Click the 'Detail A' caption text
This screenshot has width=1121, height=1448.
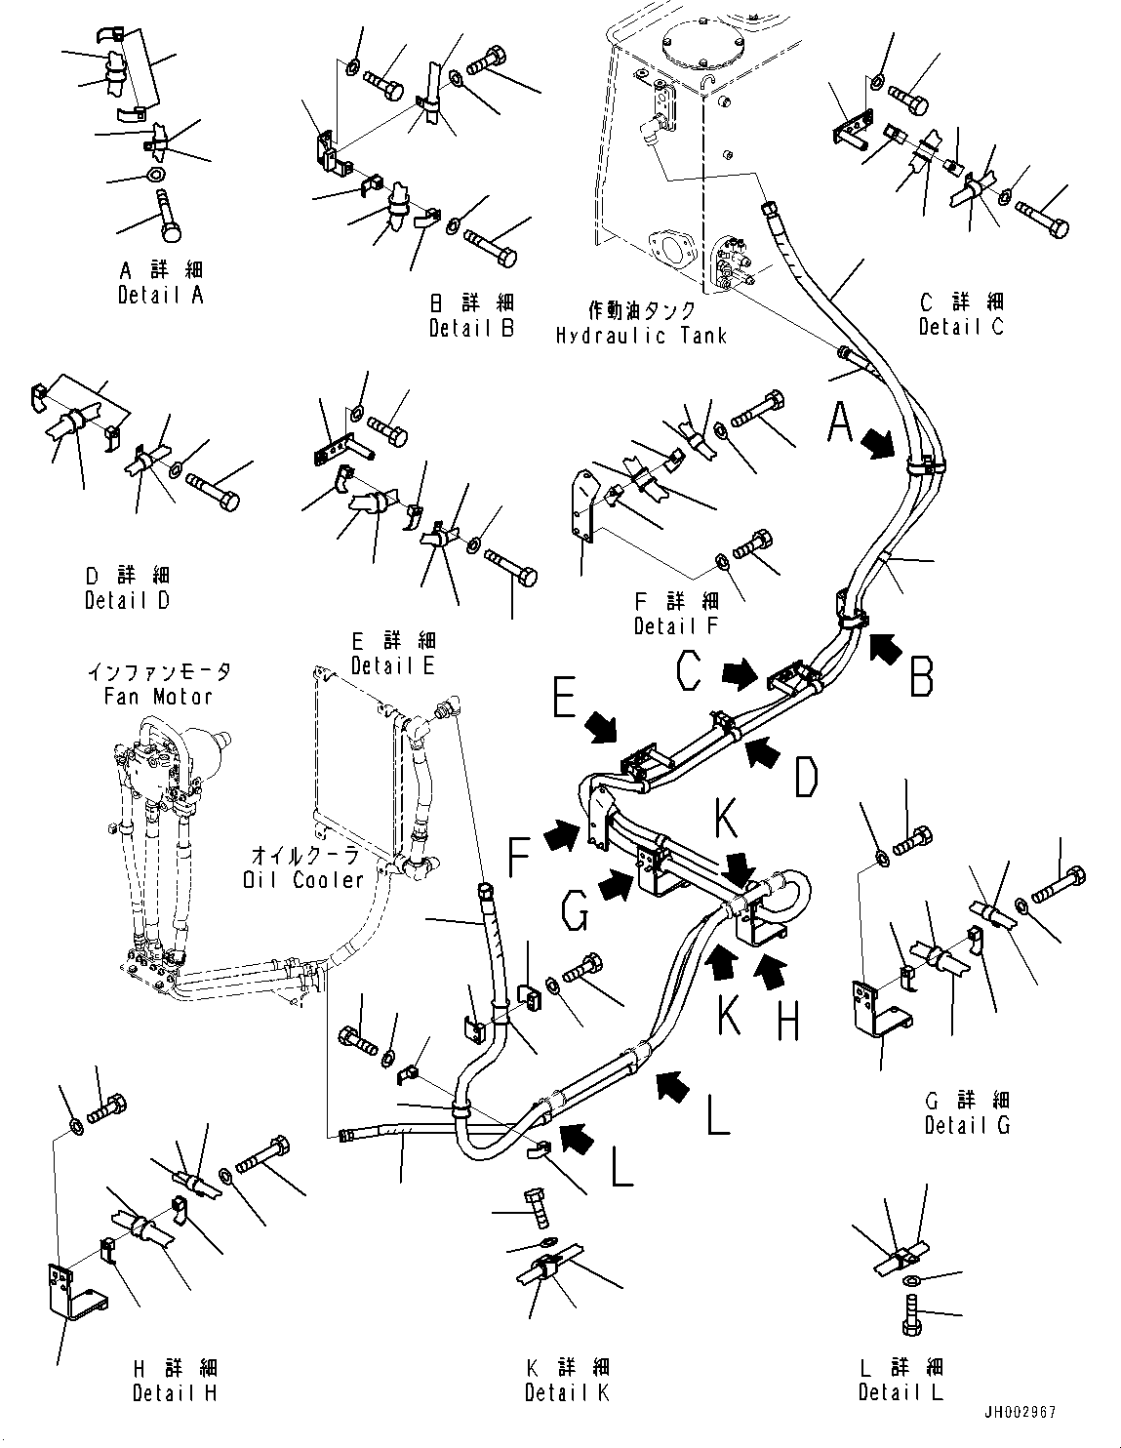coord(160,295)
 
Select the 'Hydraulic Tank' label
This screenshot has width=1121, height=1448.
coord(641,336)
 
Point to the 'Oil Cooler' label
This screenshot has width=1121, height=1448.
coord(302,879)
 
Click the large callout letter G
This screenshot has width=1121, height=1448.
coord(576,914)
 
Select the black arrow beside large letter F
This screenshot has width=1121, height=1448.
coord(561,834)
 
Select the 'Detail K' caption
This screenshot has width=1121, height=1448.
coord(566,1392)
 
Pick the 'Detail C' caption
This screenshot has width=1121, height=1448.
coord(960,327)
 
